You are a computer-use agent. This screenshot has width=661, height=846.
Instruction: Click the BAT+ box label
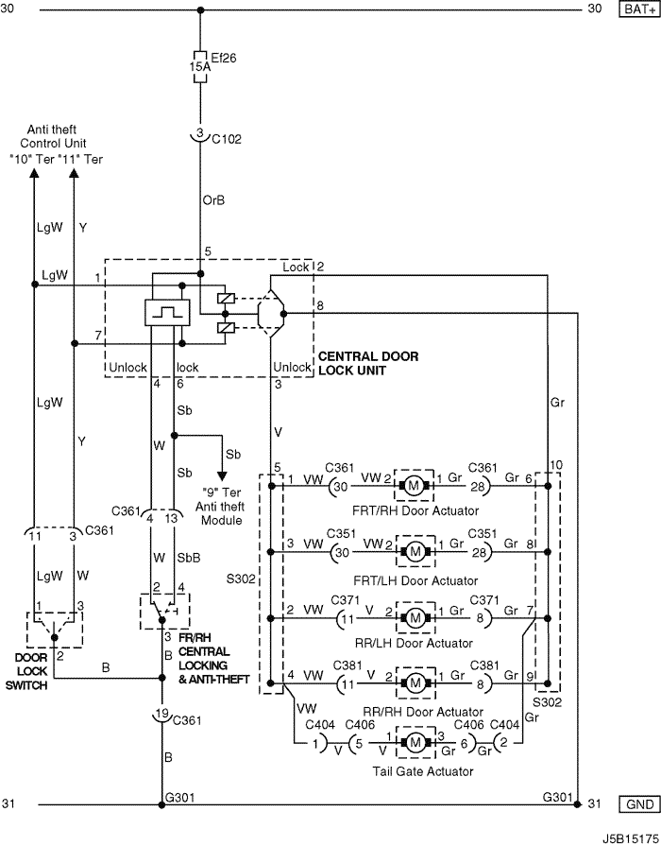click(639, 9)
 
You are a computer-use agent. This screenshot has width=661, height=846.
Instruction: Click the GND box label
click(639, 804)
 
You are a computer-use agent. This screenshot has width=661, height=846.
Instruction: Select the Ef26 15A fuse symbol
click(200, 67)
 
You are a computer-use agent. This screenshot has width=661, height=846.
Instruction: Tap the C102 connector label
click(227, 139)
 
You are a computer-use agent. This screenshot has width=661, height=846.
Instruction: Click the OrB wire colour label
click(213, 200)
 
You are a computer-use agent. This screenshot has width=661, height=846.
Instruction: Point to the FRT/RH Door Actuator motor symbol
click(414, 486)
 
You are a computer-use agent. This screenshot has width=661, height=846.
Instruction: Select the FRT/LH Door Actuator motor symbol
click(415, 551)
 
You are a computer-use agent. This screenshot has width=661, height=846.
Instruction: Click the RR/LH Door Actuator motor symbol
click(415, 618)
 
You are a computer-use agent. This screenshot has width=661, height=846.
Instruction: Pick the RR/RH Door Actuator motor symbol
click(415, 683)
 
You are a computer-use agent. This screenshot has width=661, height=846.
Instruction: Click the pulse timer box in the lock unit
click(168, 313)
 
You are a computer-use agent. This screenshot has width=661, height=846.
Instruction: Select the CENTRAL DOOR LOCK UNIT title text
click(368, 363)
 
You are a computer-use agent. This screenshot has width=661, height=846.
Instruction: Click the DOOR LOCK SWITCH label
click(27, 671)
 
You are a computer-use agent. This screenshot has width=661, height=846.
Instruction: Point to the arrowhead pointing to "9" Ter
click(222, 475)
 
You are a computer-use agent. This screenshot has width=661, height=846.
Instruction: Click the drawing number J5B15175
click(631, 838)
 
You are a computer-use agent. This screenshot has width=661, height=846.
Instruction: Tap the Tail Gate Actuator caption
click(423, 771)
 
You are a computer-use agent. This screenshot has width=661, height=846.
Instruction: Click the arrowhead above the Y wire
click(75, 173)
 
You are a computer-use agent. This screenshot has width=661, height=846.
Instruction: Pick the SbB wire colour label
click(188, 558)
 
